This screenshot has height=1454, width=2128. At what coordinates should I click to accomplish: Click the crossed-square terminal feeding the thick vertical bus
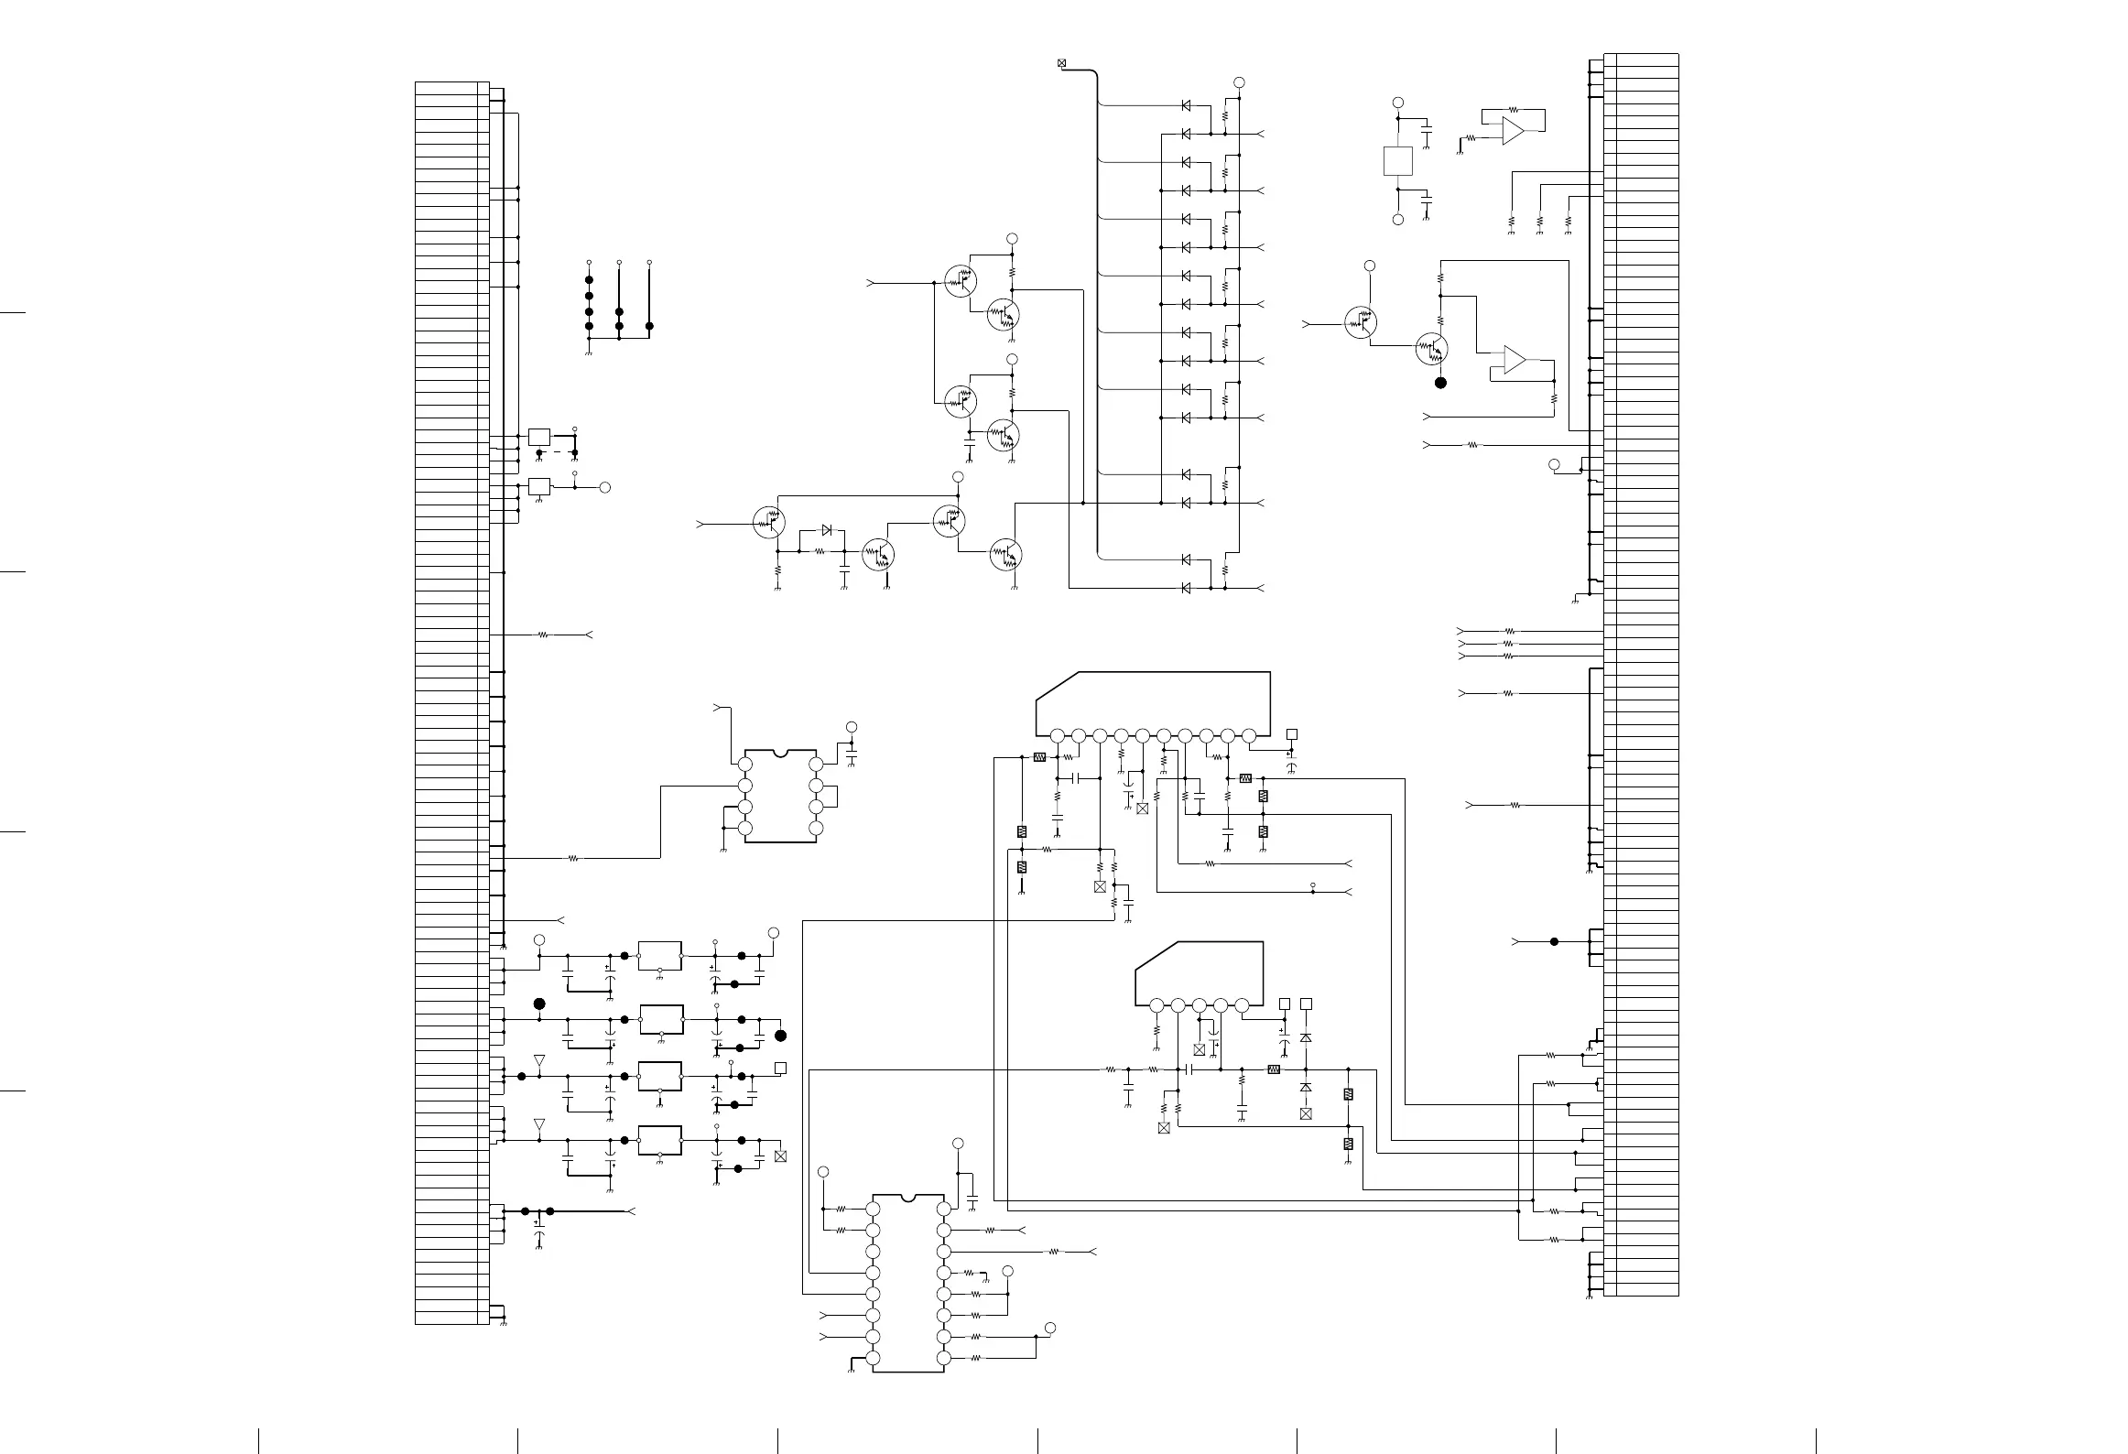(x=1062, y=63)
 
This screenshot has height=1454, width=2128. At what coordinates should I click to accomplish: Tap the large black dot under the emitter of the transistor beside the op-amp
(x=1440, y=383)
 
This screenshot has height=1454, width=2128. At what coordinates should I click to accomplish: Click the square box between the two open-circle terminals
(x=1397, y=161)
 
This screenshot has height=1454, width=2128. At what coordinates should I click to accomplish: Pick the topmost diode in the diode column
(x=1186, y=106)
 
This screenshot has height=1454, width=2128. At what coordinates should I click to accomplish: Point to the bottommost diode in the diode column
(x=1186, y=588)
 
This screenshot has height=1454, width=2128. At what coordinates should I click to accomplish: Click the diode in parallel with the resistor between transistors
(x=827, y=530)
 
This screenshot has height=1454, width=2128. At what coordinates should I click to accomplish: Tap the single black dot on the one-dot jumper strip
(x=650, y=326)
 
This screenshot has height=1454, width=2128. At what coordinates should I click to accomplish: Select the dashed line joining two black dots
(x=557, y=452)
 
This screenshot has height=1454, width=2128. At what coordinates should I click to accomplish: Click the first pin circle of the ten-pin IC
(x=1058, y=735)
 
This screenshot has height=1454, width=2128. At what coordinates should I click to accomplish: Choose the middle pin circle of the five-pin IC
(x=1200, y=1005)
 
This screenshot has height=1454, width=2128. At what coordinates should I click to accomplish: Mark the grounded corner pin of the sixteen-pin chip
(x=873, y=1358)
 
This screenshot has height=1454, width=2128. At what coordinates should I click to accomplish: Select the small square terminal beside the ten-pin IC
(x=1292, y=734)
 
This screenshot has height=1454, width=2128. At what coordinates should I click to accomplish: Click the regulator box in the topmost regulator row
(x=659, y=955)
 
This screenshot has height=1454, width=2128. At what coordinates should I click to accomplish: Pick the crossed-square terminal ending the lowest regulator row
(x=780, y=1156)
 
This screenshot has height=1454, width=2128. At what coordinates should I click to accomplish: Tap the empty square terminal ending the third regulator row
(x=780, y=1068)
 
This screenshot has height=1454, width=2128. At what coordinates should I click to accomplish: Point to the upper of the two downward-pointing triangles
(x=539, y=1060)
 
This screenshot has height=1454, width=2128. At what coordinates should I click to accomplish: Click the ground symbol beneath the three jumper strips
(x=588, y=353)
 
